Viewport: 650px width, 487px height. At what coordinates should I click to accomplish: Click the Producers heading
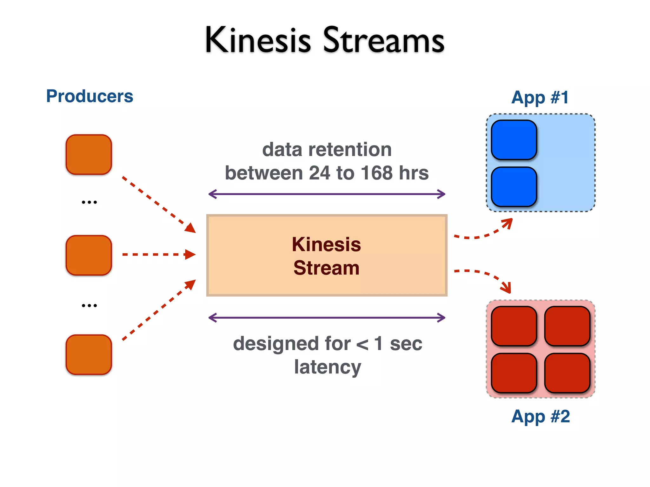(90, 96)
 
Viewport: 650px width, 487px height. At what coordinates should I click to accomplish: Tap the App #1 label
(540, 97)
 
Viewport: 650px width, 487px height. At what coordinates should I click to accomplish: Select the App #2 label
(541, 416)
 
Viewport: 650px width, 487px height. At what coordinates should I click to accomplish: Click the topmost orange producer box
(89, 155)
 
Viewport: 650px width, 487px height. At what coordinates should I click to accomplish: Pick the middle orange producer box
(89, 255)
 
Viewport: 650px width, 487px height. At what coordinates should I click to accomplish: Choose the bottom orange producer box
(89, 354)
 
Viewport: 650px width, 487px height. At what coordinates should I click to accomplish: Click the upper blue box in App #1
(514, 140)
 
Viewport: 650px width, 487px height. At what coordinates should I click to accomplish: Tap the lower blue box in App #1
(514, 187)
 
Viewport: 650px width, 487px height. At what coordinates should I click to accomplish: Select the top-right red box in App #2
(567, 326)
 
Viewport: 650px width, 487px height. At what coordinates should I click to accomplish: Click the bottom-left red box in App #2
(514, 373)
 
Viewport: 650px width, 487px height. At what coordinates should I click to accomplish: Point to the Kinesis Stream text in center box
(326, 256)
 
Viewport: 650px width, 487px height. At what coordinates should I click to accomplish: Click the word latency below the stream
(328, 367)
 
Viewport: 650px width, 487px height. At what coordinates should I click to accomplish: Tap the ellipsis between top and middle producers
(89, 202)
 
